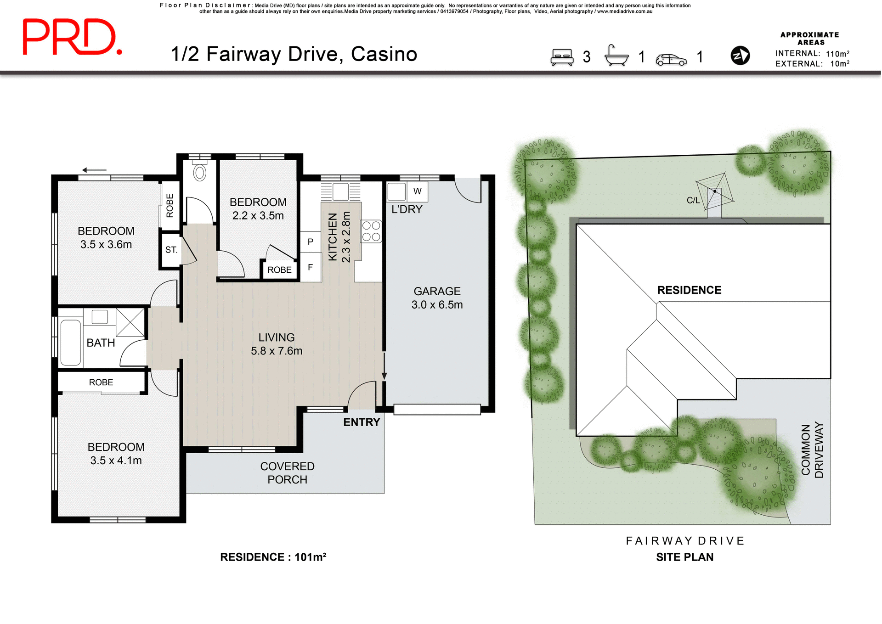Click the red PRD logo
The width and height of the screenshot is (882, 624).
pyautogui.click(x=72, y=37)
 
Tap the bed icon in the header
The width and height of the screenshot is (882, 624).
pyautogui.click(x=562, y=57)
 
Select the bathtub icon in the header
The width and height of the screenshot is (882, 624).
pyautogui.click(x=616, y=56)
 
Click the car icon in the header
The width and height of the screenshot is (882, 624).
pyautogui.click(x=671, y=59)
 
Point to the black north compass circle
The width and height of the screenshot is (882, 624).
pyautogui.click(x=740, y=56)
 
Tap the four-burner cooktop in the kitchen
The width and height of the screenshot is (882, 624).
pyautogui.click(x=371, y=231)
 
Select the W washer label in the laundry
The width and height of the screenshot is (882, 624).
pyautogui.click(x=417, y=191)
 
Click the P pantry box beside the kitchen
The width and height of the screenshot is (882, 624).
pyautogui.click(x=311, y=242)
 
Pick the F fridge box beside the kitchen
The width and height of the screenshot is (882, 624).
pyautogui.click(x=311, y=267)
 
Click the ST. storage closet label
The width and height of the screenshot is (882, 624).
pyautogui.click(x=171, y=250)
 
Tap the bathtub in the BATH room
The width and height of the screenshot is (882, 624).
pyautogui.click(x=70, y=343)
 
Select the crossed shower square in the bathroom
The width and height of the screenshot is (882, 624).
pyautogui.click(x=130, y=322)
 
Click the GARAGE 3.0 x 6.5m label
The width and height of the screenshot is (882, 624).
pyautogui.click(x=437, y=298)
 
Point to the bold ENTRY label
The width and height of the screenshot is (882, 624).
pyautogui.click(x=362, y=422)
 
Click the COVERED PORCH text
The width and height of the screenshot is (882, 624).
pyautogui.click(x=287, y=472)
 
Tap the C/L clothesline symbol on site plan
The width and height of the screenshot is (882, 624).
pyautogui.click(x=714, y=191)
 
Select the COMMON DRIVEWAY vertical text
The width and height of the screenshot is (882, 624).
pyautogui.click(x=812, y=450)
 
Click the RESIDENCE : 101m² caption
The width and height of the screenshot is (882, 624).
pyautogui.click(x=273, y=557)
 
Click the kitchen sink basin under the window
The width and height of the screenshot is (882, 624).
pyautogui.click(x=340, y=191)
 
